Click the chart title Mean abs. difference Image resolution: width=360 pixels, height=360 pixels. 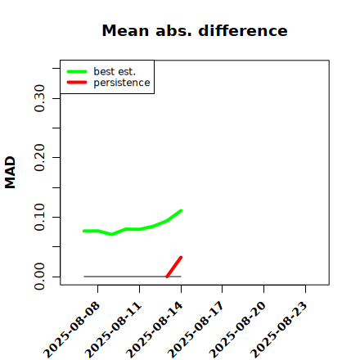(195, 30)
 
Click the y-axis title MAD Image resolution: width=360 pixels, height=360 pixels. (10, 172)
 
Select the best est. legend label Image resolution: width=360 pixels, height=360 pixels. (115, 71)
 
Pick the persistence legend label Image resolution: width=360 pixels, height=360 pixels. (122, 83)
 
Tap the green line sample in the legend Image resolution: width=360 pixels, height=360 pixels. (77, 71)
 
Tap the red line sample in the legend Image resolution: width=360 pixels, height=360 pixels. (77, 83)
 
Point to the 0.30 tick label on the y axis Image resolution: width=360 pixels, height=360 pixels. (39, 98)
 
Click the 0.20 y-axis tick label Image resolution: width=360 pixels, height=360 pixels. (39, 158)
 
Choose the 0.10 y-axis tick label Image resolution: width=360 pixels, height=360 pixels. (39, 217)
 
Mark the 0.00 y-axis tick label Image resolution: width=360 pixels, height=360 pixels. (39, 277)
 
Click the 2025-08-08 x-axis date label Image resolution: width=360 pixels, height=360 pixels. (72, 330)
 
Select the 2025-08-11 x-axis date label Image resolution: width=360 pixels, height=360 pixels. (114, 330)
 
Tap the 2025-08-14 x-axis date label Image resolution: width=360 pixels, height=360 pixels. (155, 330)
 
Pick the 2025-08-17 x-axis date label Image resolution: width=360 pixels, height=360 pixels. (196, 330)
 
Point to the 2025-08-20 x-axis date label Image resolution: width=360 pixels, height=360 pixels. (238, 330)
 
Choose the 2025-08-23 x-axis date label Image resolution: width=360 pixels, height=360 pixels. (279, 330)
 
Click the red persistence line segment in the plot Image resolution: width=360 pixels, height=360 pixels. (174, 267)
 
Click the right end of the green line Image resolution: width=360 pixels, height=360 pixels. (181, 210)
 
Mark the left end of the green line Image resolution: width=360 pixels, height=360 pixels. (84, 231)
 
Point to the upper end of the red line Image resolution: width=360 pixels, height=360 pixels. (181, 257)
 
